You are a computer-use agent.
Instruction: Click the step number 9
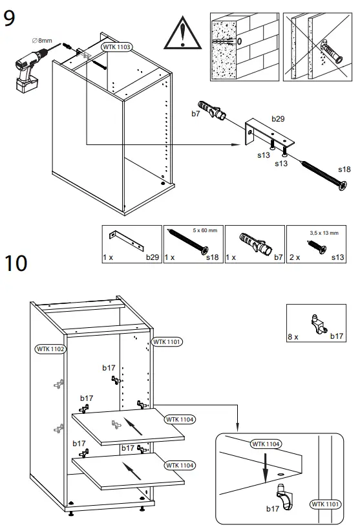10,17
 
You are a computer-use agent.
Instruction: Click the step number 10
16,264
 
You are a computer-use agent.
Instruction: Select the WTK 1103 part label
118,47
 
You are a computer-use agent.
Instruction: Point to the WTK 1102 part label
50,349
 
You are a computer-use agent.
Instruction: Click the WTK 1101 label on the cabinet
167,341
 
